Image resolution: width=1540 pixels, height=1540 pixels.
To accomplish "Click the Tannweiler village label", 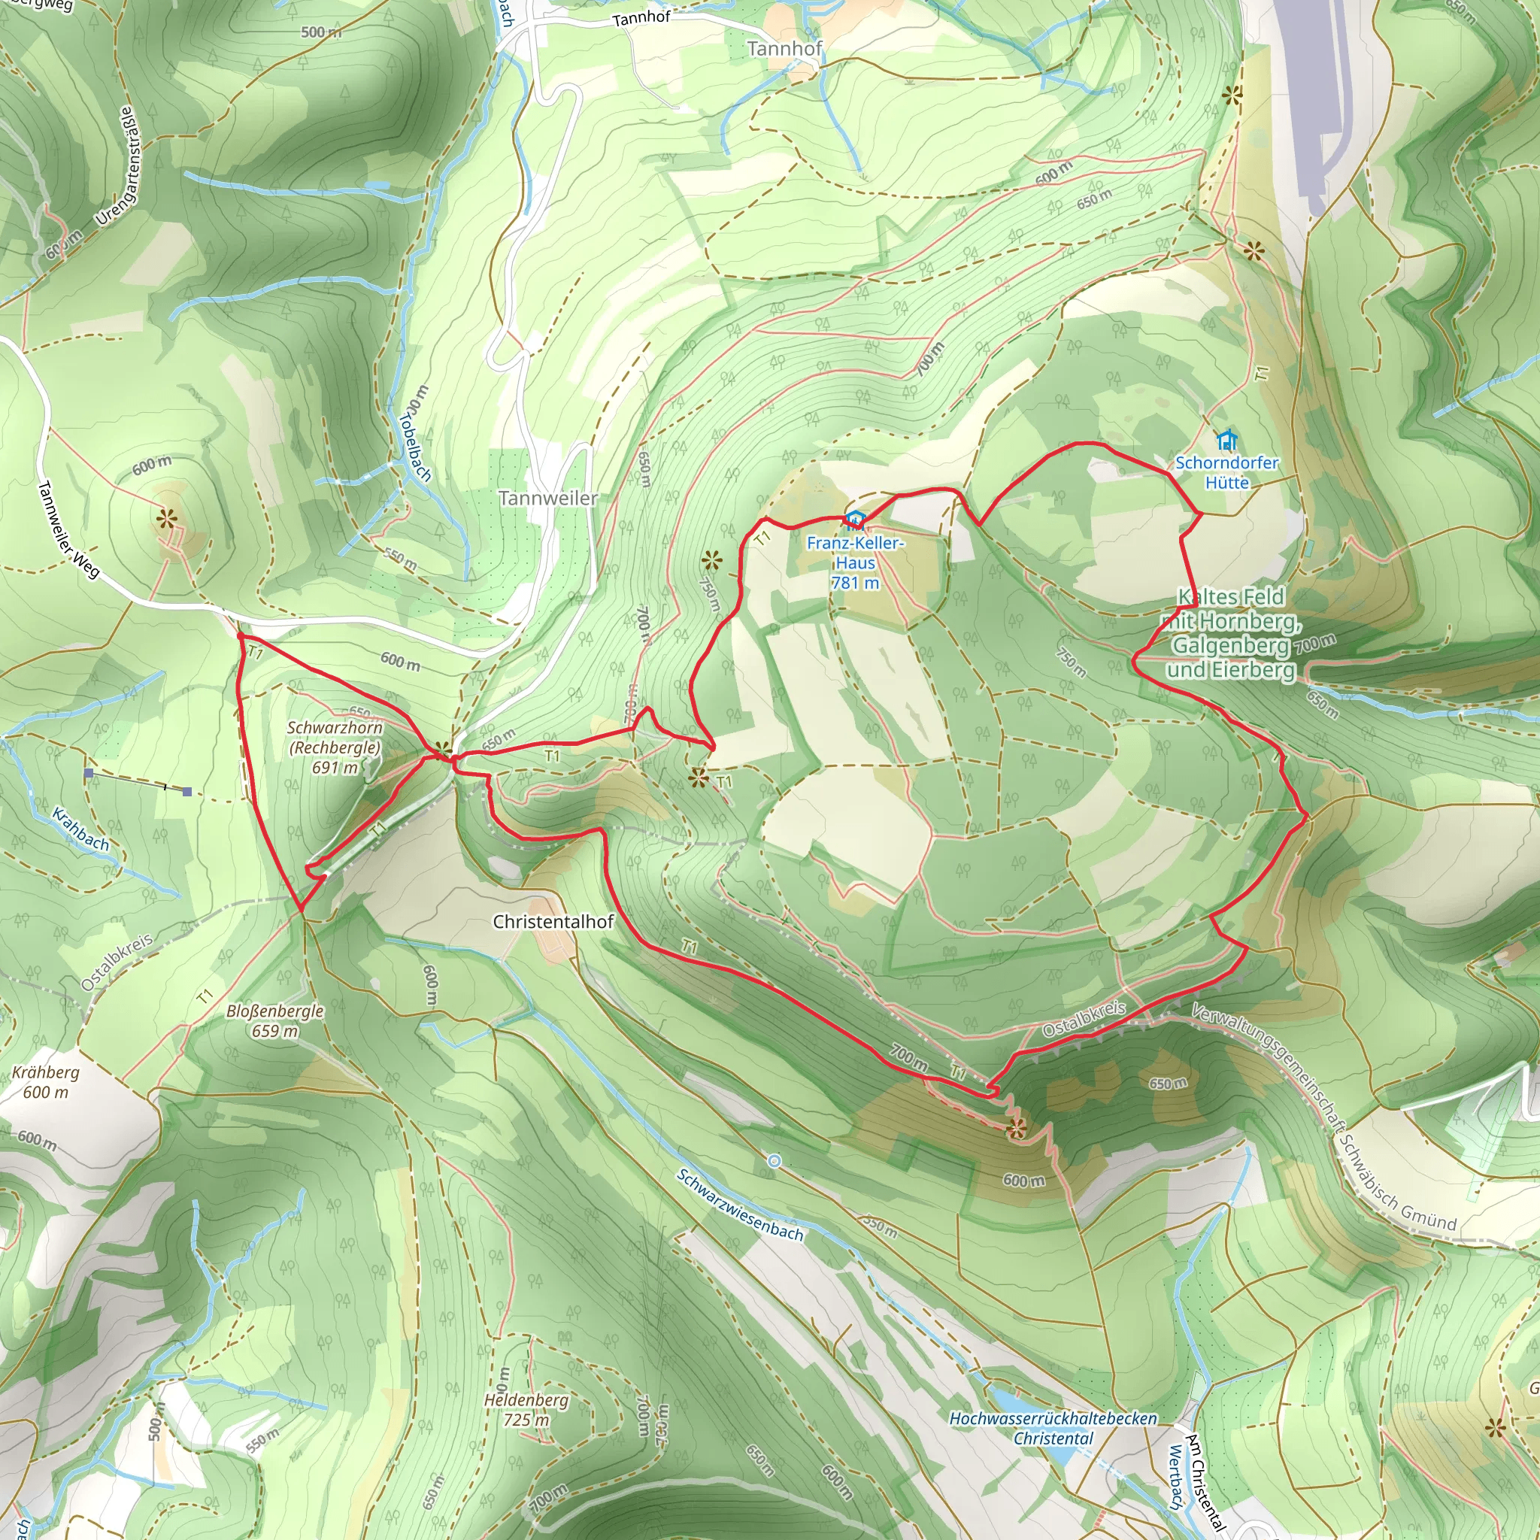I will (x=547, y=499).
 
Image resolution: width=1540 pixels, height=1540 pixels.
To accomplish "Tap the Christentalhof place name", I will (x=553, y=921).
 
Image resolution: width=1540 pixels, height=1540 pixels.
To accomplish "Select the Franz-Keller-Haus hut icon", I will (x=854, y=520).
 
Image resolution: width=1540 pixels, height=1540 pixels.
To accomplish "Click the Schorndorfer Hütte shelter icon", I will (x=1226, y=439).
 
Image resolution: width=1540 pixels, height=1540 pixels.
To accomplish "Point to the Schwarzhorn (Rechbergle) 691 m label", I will (x=335, y=747).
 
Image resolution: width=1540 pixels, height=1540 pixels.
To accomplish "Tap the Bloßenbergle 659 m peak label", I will (x=275, y=1020).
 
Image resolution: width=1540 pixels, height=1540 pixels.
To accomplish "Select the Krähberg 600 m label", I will (x=45, y=1081).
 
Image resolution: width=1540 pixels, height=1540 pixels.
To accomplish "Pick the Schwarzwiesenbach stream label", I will (x=740, y=1205).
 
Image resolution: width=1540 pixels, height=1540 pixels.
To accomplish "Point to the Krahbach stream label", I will (x=80, y=829).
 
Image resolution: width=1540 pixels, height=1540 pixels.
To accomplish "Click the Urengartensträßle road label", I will (x=117, y=165).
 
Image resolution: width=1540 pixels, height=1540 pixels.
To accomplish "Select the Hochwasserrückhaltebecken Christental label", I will (x=1053, y=1429).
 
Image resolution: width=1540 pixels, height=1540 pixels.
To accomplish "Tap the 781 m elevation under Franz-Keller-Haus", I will (x=854, y=583).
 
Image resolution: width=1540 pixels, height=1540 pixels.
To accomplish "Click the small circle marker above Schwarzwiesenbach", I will (x=774, y=1161).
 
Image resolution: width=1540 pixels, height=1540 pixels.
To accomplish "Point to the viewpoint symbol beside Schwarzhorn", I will (x=442, y=751).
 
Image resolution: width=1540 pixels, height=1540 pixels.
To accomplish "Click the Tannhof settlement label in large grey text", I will (x=784, y=49).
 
